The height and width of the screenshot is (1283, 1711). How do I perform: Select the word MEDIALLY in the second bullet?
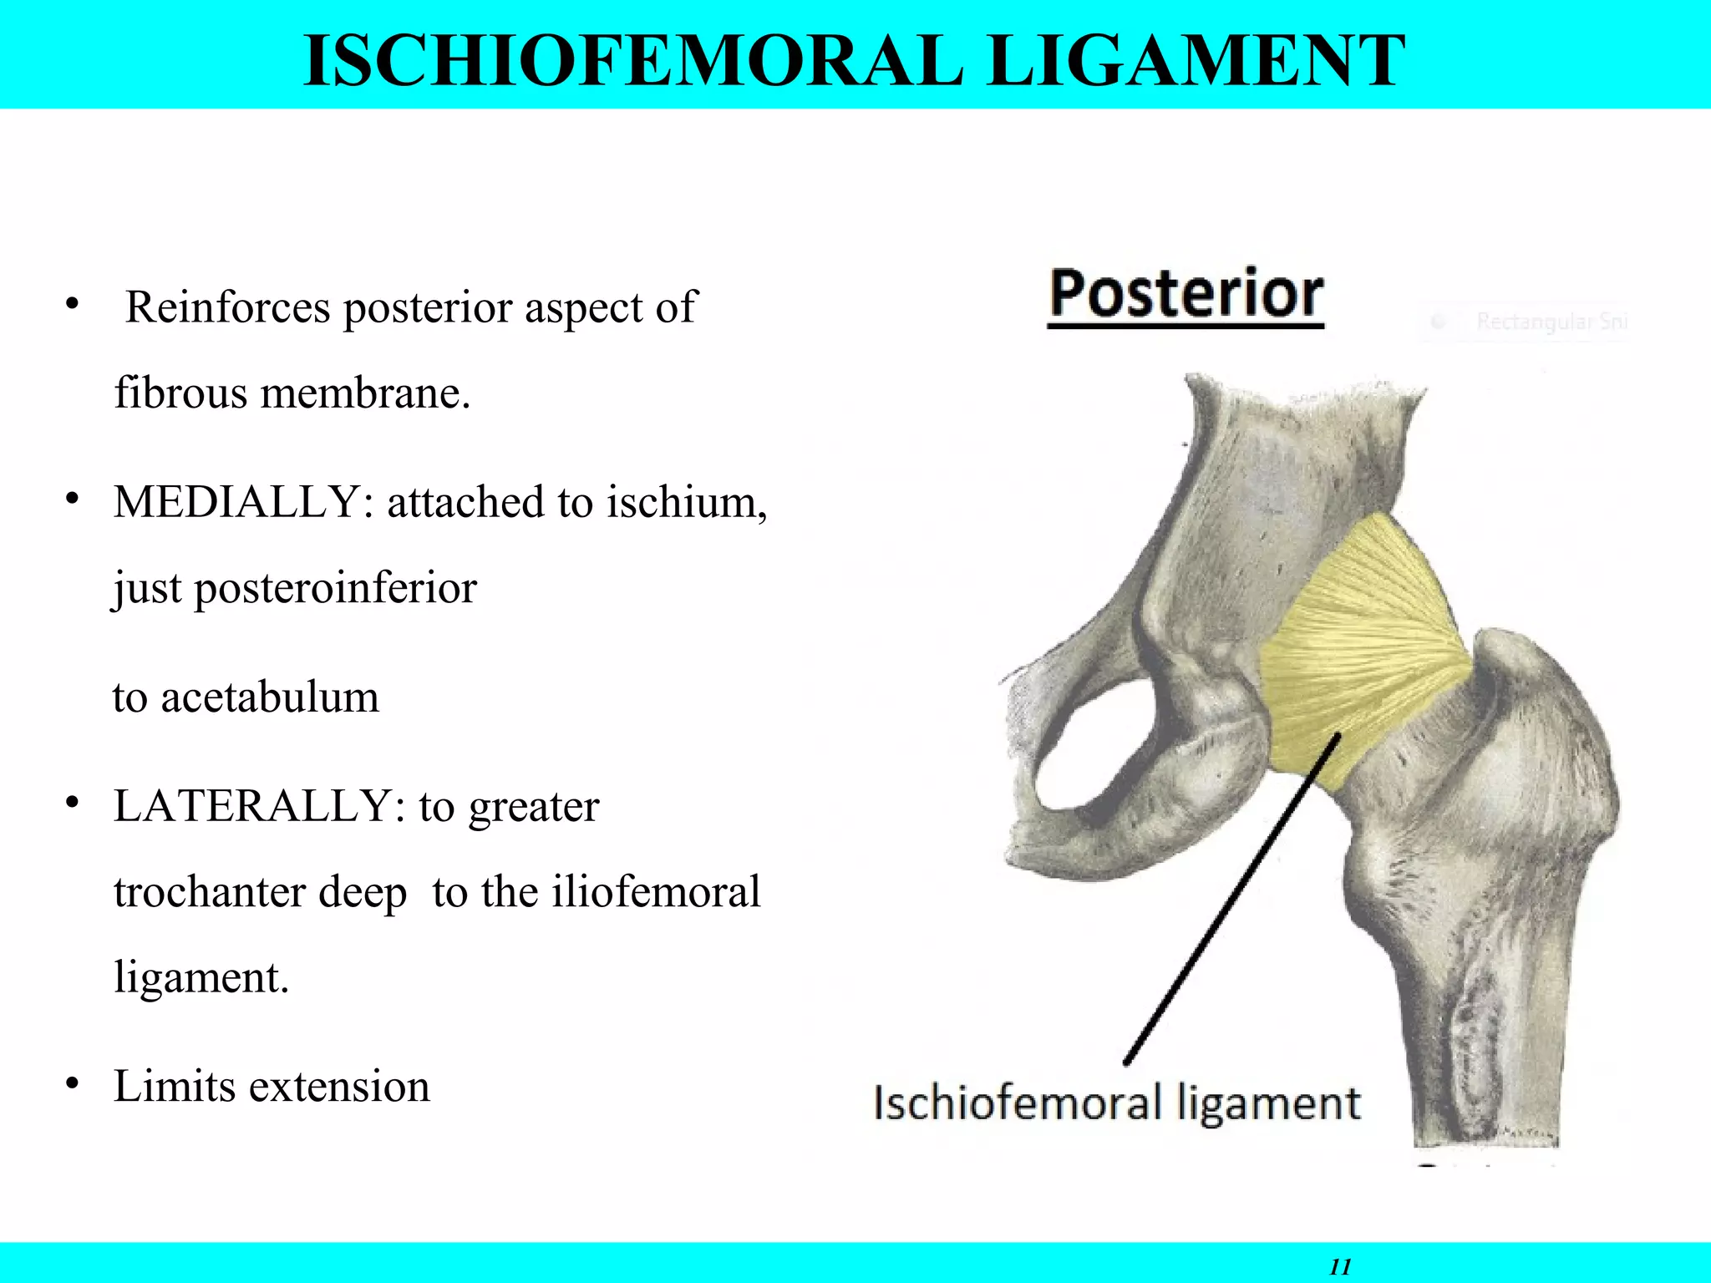(x=236, y=503)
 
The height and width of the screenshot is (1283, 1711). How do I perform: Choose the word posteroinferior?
(x=336, y=588)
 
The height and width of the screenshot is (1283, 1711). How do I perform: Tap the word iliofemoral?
(x=656, y=892)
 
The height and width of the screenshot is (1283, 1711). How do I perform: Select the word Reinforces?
(x=227, y=307)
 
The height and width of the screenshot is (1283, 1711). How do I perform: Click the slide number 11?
(x=1340, y=1266)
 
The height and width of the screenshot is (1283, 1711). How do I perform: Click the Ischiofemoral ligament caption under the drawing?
(x=1117, y=1103)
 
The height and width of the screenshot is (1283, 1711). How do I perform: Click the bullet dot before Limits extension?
(x=73, y=1084)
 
